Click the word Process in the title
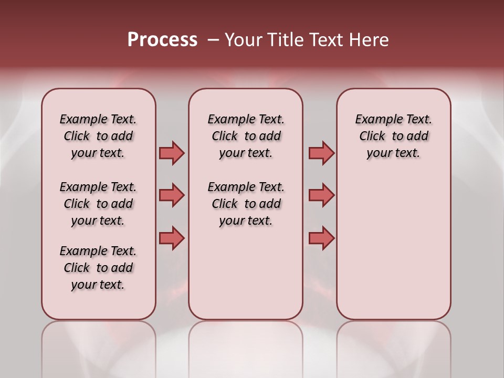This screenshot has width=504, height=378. (162, 40)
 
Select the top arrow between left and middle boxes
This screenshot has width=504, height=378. (172, 153)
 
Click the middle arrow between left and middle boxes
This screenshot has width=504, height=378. (172, 195)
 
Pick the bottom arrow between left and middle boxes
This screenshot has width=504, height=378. (172, 238)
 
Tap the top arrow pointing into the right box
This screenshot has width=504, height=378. (321, 153)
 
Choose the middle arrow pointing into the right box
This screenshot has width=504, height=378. (321, 195)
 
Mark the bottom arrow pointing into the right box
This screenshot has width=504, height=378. (321, 238)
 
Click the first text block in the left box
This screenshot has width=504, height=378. (98, 136)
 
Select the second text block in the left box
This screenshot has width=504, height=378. (98, 204)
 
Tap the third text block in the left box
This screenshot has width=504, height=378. (98, 268)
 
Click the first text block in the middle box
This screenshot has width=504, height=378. (246, 136)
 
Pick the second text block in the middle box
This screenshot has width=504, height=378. (246, 204)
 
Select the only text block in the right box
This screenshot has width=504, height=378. (393, 136)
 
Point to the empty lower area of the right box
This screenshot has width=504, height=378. (393, 252)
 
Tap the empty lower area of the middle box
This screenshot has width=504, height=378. (246, 273)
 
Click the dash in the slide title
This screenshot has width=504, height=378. (213, 40)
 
